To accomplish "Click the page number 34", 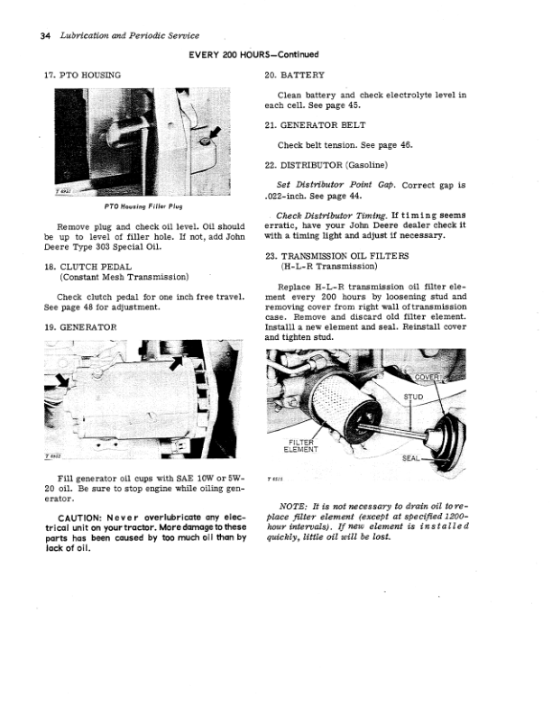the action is click(x=45, y=36).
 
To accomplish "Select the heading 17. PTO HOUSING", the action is click(x=82, y=75).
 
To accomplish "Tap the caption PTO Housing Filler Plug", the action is click(x=143, y=206).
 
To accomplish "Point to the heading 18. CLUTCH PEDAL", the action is click(x=87, y=267).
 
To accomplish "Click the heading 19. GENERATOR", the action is click(x=80, y=327).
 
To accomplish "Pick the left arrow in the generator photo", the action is click(x=62, y=380).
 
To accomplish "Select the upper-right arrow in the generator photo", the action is click(x=176, y=363).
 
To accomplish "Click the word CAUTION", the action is click(x=79, y=517).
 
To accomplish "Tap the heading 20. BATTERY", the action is click(x=295, y=75).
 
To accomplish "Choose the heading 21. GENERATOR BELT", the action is click(x=315, y=125).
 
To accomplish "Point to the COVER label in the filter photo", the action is click(x=427, y=377).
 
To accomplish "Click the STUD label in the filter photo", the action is click(x=413, y=397).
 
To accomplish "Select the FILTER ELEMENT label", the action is click(x=301, y=445).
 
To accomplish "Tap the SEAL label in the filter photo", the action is click(x=410, y=458).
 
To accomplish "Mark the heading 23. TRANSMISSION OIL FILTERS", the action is click(x=337, y=256).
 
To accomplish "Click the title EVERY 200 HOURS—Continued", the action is click(x=253, y=55).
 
